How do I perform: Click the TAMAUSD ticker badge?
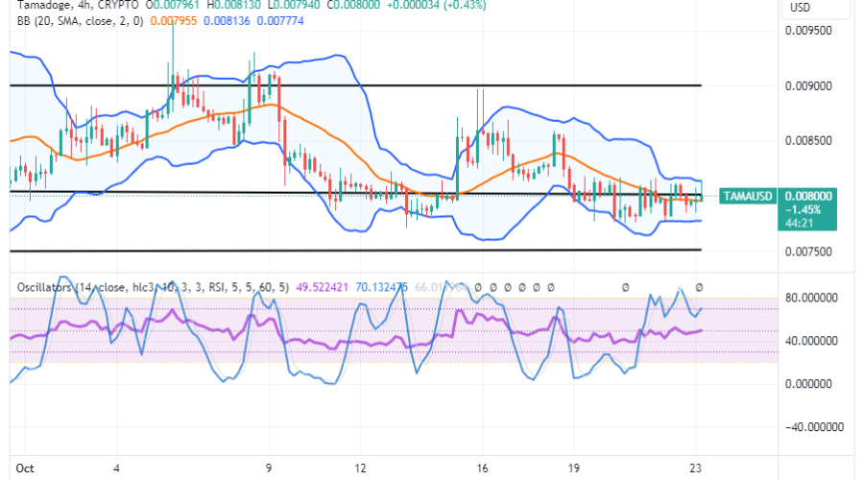point(750,195)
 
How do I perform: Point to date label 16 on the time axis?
point(482,468)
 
